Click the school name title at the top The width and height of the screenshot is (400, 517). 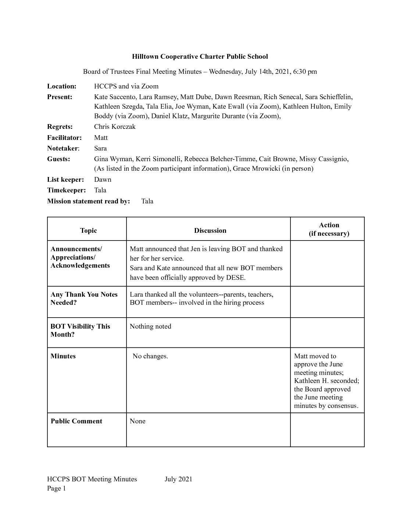pos(200,57)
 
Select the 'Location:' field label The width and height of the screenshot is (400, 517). pos(62,86)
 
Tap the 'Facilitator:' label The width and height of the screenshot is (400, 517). pos(64,138)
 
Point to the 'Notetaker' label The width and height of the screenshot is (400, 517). pos(63,148)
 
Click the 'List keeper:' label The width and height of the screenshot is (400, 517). pos(65,180)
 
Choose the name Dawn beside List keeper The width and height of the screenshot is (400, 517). pos(103,180)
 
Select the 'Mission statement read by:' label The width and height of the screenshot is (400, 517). pos(89,201)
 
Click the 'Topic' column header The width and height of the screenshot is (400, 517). pos(88,231)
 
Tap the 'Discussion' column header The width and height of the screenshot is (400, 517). pos(210,231)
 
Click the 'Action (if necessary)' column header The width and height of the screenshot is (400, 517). pos(329,229)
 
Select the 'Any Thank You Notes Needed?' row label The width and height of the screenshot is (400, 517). pos(84,299)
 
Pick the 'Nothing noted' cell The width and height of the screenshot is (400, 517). pos(150,326)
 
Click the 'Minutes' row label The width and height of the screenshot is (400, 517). pos(63,356)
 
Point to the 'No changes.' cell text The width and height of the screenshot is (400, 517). pos(150,356)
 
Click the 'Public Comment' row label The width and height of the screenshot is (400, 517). pos(76,421)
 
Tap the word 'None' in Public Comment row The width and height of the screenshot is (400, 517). pos(137,421)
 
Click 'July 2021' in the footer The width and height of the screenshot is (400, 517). pos(178,479)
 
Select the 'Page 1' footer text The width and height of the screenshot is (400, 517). pos(56,488)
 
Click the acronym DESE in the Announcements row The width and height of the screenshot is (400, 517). pos(236,278)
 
